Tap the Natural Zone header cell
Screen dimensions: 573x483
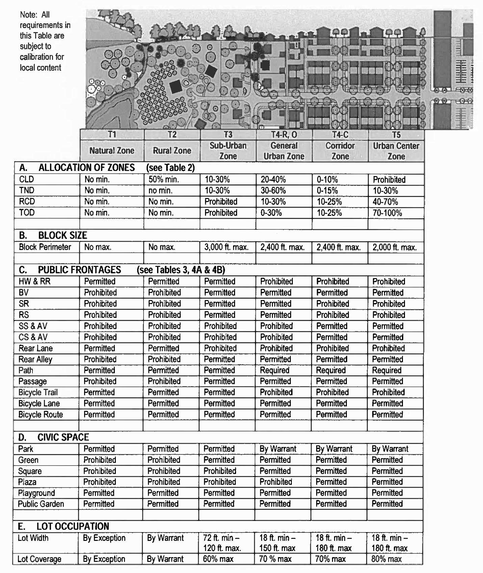point(112,150)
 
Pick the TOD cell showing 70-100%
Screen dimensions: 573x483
point(387,213)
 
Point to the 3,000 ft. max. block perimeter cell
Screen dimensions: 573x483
point(226,247)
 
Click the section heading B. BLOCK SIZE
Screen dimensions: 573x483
point(53,235)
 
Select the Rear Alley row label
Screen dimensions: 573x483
point(35,359)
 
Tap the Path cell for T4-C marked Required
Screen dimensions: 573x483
point(331,370)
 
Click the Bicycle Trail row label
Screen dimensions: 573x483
point(38,392)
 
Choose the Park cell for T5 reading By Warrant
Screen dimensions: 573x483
point(390,449)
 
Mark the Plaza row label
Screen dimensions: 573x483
point(27,482)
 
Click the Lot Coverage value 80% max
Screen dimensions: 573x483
point(386,559)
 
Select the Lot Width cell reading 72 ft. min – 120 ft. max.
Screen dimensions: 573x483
point(222,543)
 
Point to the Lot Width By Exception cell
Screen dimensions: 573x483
point(104,538)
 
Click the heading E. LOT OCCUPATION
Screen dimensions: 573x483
point(63,526)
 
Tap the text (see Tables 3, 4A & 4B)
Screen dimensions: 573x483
point(181,270)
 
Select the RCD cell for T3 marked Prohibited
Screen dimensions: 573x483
point(221,202)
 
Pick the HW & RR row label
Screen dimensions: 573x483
point(34,281)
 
